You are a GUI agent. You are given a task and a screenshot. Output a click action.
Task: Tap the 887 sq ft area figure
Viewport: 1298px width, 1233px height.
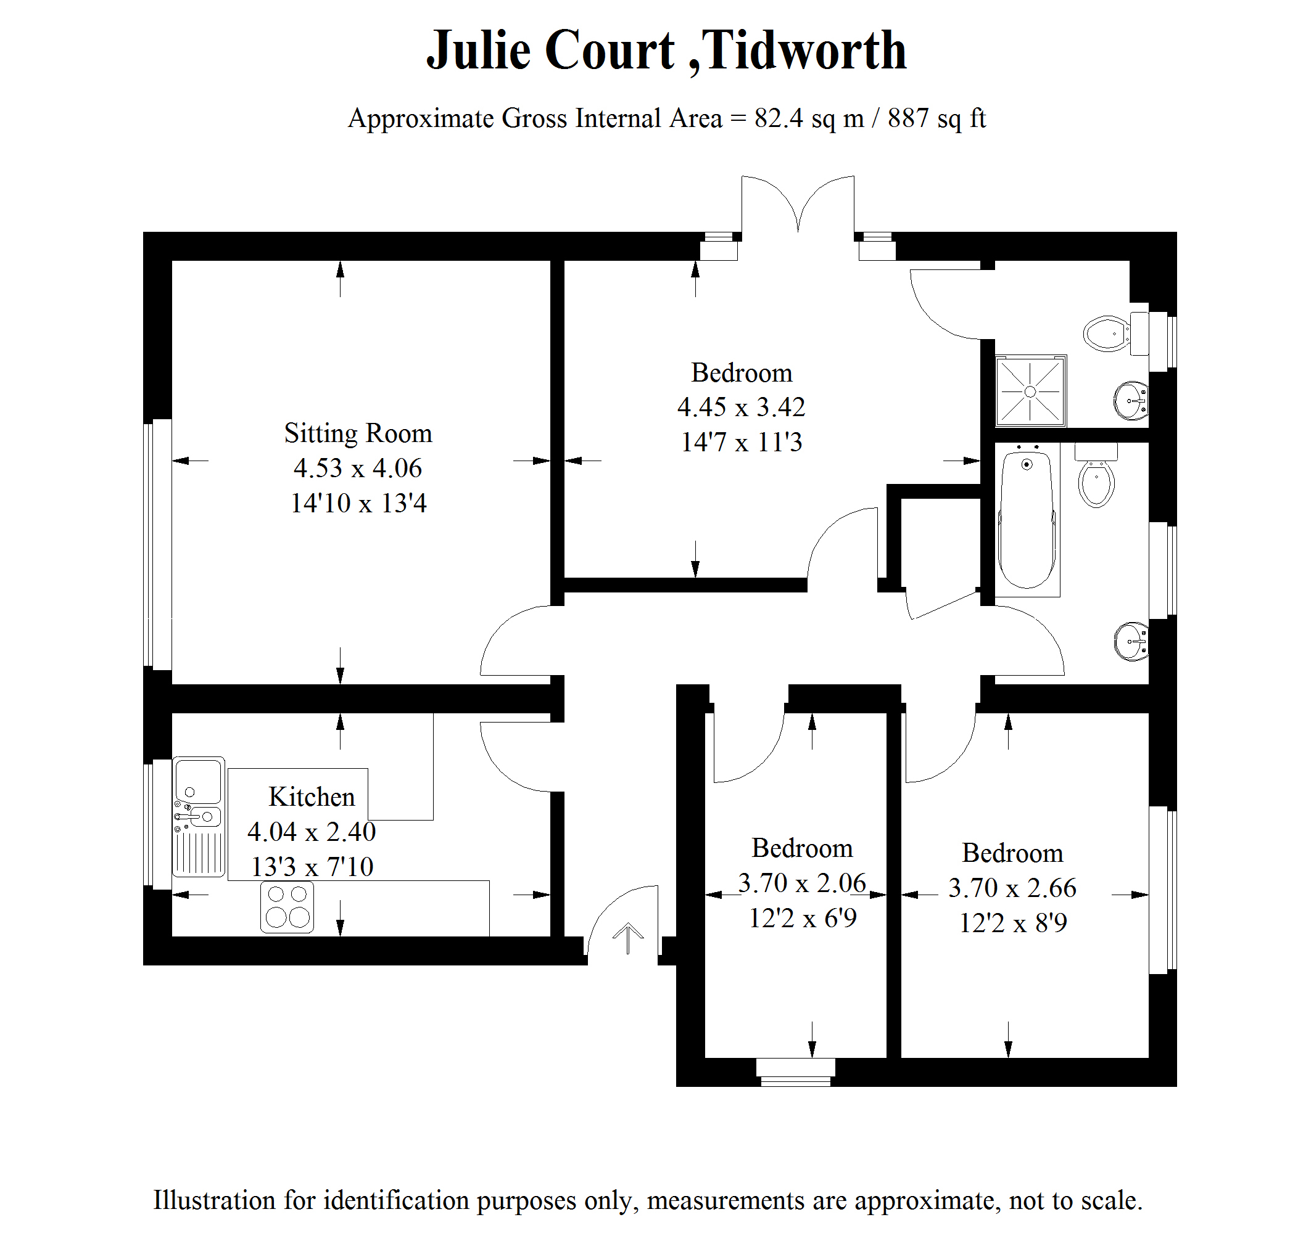pyautogui.click(x=936, y=118)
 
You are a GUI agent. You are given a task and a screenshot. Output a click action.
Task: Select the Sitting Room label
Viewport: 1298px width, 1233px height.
pyautogui.click(x=358, y=433)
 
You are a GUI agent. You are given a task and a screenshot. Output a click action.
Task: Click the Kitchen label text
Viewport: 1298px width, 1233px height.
pyautogui.click(x=312, y=797)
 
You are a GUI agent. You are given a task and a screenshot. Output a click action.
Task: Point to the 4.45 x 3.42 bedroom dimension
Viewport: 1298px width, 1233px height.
pyautogui.click(x=741, y=408)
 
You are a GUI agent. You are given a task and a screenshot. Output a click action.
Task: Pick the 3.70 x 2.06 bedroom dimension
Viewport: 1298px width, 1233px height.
pyautogui.click(x=801, y=883)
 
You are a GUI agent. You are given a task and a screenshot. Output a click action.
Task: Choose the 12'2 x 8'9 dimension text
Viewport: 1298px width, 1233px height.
pyautogui.click(x=1012, y=923)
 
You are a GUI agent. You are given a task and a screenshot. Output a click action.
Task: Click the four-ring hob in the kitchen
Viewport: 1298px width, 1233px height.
pyautogui.click(x=287, y=907)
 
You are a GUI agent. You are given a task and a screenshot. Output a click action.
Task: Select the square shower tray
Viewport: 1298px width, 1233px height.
pyautogui.click(x=1030, y=391)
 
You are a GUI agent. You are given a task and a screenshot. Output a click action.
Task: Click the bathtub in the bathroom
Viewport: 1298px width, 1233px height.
pyautogui.click(x=1027, y=519)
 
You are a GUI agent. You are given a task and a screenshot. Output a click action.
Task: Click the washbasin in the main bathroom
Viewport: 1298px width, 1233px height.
pyautogui.click(x=1131, y=641)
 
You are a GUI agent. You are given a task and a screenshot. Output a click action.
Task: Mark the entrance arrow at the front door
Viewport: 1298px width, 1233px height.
pyautogui.click(x=628, y=937)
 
